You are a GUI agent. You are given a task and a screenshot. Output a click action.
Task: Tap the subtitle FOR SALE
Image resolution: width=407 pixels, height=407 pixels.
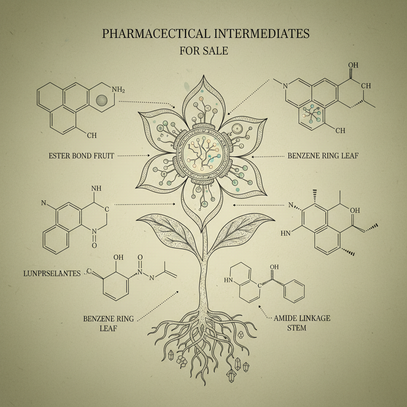[x=203, y=51]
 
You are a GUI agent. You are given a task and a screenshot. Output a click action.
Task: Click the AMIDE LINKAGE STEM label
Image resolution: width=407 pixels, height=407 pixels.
[x=302, y=323]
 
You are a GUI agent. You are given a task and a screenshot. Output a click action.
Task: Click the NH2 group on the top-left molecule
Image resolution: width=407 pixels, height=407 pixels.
[x=118, y=90]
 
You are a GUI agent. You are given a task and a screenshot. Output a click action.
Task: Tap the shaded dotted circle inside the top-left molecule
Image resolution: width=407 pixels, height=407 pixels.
[x=103, y=100]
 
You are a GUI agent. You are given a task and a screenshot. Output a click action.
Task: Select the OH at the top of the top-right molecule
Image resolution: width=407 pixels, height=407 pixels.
[x=353, y=65]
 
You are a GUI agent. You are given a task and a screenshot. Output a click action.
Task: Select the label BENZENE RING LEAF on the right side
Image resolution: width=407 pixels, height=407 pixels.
[x=322, y=156]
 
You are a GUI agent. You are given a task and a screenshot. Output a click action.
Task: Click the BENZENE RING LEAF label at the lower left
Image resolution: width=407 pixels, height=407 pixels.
[x=108, y=324]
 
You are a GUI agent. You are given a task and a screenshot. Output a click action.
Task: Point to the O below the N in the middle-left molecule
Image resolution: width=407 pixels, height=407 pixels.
[x=94, y=245]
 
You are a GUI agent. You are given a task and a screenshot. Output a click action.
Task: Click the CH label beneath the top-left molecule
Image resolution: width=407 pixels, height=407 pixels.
[x=91, y=136]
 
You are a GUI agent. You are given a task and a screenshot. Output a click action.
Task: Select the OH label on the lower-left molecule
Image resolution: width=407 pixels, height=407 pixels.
[x=119, y=257]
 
